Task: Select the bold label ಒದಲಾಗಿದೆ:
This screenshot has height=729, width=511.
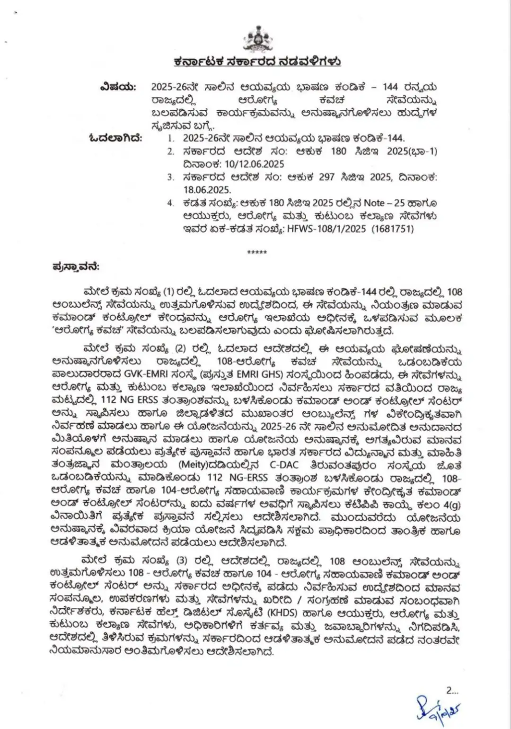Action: pos(115,138)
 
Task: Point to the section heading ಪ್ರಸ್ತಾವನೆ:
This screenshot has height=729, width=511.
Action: pos(76,267)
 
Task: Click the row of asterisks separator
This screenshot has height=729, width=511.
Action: pos(257,252)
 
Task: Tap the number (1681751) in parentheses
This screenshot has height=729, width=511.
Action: pos(392,229)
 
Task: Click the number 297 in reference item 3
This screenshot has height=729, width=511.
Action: pos(326,177)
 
